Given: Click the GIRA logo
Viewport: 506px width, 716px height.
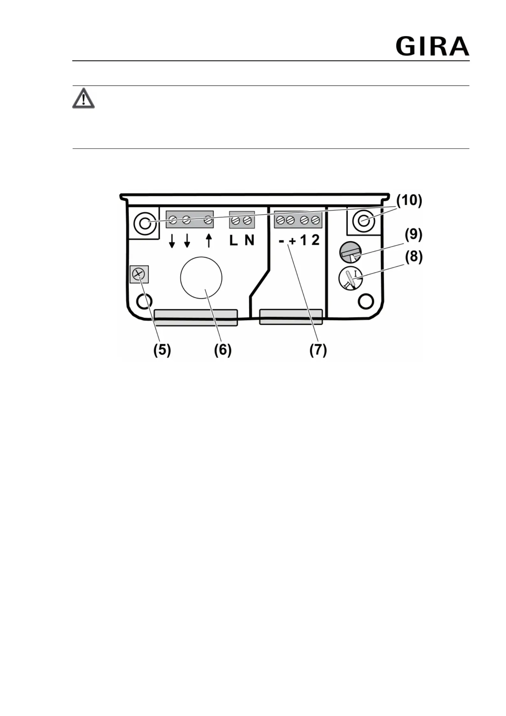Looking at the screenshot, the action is [x=432, y=47].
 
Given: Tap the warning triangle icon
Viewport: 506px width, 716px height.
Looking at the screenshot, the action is [x=83, y=98].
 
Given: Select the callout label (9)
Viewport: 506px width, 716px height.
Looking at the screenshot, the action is [x=414, y=235].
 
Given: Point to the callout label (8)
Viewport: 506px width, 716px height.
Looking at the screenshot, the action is [x=414, y=257].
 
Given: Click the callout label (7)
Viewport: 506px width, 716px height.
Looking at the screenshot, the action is [x=318, y=350].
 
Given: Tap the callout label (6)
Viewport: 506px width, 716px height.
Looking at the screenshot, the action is [x=223, y=350].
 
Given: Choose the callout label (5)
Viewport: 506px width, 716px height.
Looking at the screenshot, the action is [x=162, y=350].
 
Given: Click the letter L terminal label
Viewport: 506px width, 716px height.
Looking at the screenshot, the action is [x=233, y=240].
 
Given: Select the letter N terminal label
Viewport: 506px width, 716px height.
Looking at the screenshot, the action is [x=249, y=240].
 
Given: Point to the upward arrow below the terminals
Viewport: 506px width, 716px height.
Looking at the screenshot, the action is [x=209, y=240].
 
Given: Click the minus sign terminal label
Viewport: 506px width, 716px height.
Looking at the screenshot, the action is [x=281, y=241].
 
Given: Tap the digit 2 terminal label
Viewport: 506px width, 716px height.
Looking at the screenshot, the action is [x=315, y=240].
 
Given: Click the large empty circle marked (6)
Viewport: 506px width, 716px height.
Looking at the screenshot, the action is [x=201, y=278].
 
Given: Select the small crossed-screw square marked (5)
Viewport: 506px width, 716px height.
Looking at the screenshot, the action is [x=139, y=274].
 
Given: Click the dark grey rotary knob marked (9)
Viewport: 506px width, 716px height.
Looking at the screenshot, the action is [x=350, y=252].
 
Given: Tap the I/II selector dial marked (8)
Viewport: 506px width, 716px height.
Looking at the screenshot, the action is [x=350, y=278].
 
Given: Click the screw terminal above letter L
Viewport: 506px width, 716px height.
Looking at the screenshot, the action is [x=236, y=220].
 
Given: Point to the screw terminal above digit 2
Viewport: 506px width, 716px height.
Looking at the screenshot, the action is [x=315, y=220].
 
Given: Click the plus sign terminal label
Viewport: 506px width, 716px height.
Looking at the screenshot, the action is [x=292, y=241].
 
